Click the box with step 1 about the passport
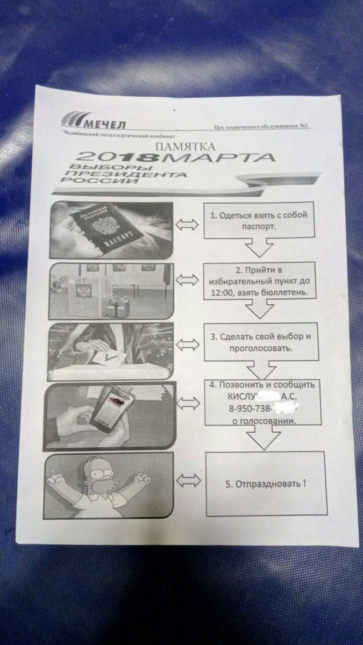(259, 221)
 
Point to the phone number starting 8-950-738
(253, 410)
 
